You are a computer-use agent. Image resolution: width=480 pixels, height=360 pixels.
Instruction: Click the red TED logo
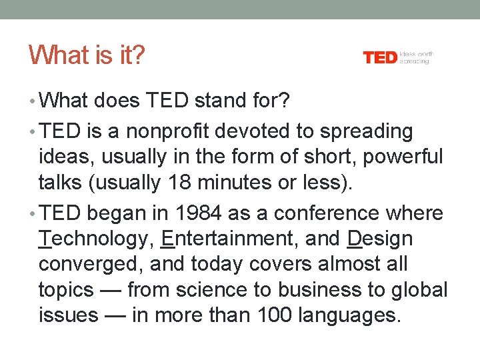click(380, 58)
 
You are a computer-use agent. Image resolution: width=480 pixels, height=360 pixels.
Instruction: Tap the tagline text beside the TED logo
click(416, 57)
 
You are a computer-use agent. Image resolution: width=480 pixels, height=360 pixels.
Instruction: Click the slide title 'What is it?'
click(86, 55)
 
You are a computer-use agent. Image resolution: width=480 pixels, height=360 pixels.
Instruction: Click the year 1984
click(197, 213)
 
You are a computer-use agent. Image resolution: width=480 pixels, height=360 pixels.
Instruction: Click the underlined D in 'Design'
click(355, 239)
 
